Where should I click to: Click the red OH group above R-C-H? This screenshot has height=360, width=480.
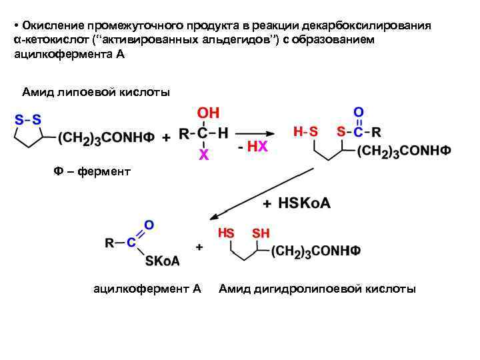point(208,113)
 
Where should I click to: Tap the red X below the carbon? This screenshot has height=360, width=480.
point(203,155)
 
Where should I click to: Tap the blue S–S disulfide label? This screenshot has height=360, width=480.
point(28,120)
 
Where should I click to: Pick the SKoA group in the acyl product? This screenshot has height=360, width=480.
point(163,261)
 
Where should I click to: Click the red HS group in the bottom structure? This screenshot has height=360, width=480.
point(226,233)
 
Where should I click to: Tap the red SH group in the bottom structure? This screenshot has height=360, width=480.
point(261,233)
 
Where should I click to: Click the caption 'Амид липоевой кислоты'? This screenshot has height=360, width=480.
point(96,91)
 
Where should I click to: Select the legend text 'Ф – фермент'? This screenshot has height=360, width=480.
point(92,172)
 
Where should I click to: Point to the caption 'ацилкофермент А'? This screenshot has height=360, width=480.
point(147,289)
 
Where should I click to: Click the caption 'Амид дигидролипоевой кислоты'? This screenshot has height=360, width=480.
point(317,289)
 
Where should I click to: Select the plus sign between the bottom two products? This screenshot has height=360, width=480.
point(199,247)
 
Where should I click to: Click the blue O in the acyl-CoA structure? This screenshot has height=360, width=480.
point(149,225)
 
